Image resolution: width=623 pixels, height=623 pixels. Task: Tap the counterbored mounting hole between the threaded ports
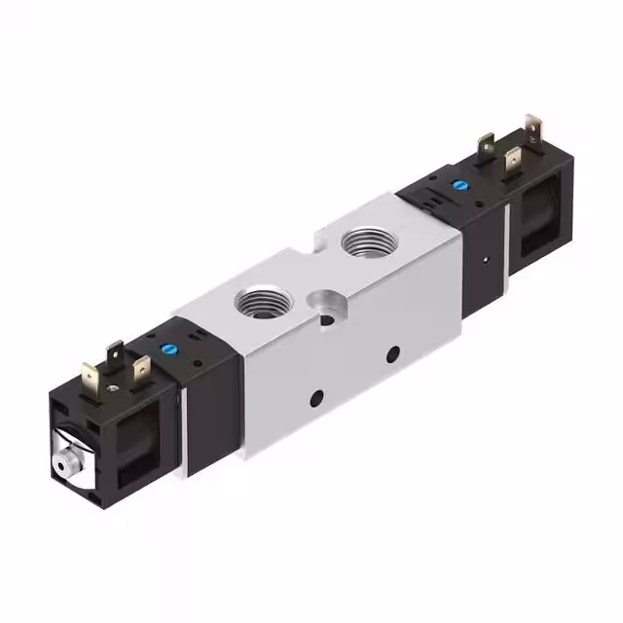pos(321,298)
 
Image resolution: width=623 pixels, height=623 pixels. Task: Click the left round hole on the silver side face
pos(316,397)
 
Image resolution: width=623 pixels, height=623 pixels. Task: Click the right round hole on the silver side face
pos(392,354)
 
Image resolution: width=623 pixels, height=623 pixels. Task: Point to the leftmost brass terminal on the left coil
pos(92,375)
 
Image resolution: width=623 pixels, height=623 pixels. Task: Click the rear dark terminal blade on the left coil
pos(116,352)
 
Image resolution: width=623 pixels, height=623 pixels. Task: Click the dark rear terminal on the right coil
pos(486,148)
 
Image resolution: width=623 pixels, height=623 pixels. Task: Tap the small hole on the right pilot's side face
pos(483,260)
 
